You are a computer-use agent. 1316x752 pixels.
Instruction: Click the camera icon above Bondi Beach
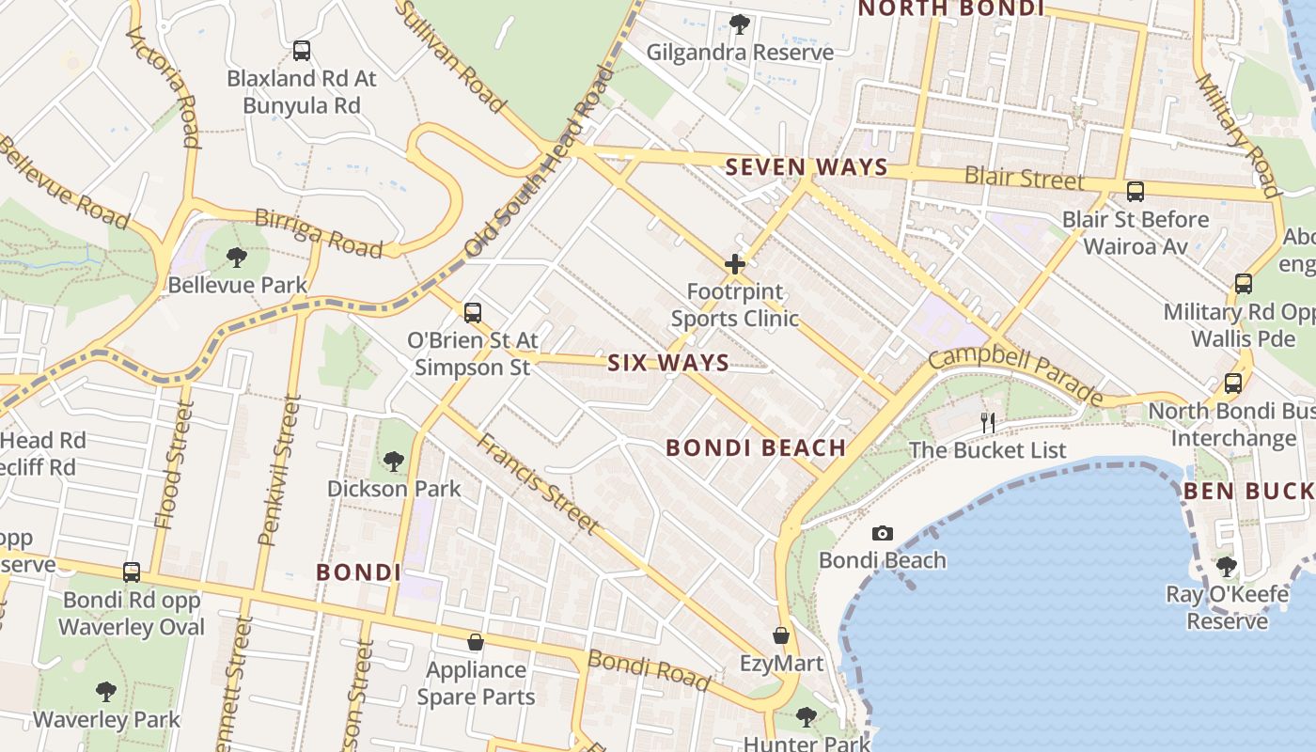(x=882, y=534)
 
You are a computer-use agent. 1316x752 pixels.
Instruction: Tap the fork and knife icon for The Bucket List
(x=988, y=423)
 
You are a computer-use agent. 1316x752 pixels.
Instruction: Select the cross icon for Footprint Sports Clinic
(x=735, y=265)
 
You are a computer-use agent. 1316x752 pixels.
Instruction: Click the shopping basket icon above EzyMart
(x=780, y=636)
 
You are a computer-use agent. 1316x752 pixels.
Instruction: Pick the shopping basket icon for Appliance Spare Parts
(x=476, y=643)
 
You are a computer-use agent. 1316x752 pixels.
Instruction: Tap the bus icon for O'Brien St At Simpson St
(x=473, y=313)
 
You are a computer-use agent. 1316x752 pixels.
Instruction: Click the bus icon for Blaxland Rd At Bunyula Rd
(x=302, y=51)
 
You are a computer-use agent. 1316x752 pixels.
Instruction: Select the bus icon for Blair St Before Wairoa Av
(x=1136, y=192)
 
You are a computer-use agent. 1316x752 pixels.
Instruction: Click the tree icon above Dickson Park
(x=394, y=462)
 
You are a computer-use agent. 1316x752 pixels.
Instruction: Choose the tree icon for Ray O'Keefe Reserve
(x=1226, y=567)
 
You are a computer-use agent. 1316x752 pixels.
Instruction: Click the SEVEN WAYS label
(x=807, y=167)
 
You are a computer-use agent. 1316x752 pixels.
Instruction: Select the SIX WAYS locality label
(x=667, y=363)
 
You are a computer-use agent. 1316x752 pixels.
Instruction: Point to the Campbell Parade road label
(x=1016, y=374)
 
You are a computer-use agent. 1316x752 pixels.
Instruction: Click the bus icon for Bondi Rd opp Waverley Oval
(x=132, y=572)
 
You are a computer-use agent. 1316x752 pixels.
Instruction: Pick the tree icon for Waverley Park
(x=106, y=692)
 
